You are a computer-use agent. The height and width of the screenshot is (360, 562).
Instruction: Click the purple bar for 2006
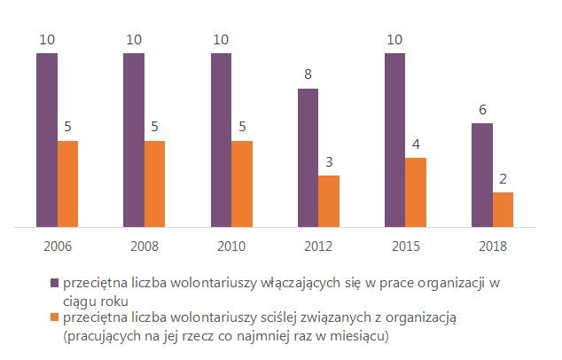[47, 140]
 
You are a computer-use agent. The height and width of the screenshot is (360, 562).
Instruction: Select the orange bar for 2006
[67, 184]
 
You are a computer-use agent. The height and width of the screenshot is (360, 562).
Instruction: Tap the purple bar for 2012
[308, 158]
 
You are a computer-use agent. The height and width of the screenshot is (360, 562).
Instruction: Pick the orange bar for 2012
[329, 201]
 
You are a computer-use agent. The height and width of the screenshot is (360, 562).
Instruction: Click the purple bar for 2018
[482, 175]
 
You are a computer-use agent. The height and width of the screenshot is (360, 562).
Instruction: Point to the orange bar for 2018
[503, 209]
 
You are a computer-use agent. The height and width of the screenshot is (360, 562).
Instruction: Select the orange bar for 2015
[416, 192]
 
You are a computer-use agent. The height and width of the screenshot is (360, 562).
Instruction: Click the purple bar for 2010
[221, 140]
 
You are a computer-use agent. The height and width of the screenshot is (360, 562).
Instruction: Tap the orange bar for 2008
[154, 184]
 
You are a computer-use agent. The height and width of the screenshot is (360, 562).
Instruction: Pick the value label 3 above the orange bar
[329, 163]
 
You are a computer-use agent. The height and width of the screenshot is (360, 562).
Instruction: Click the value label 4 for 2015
[416, 145]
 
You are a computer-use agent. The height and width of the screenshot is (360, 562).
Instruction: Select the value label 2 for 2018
[503, 180]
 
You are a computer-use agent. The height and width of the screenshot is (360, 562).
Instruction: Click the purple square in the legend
[55, 283]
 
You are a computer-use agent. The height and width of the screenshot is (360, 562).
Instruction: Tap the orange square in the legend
[55, 317]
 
